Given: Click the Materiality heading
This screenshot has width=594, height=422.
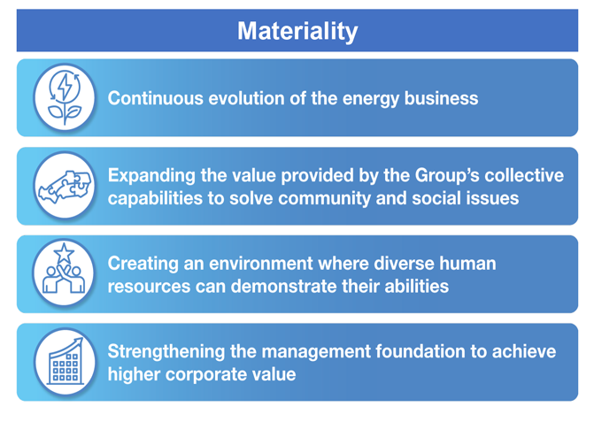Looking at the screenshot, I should (297, 32).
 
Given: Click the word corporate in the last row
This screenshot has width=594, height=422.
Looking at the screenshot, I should (204, 374).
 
